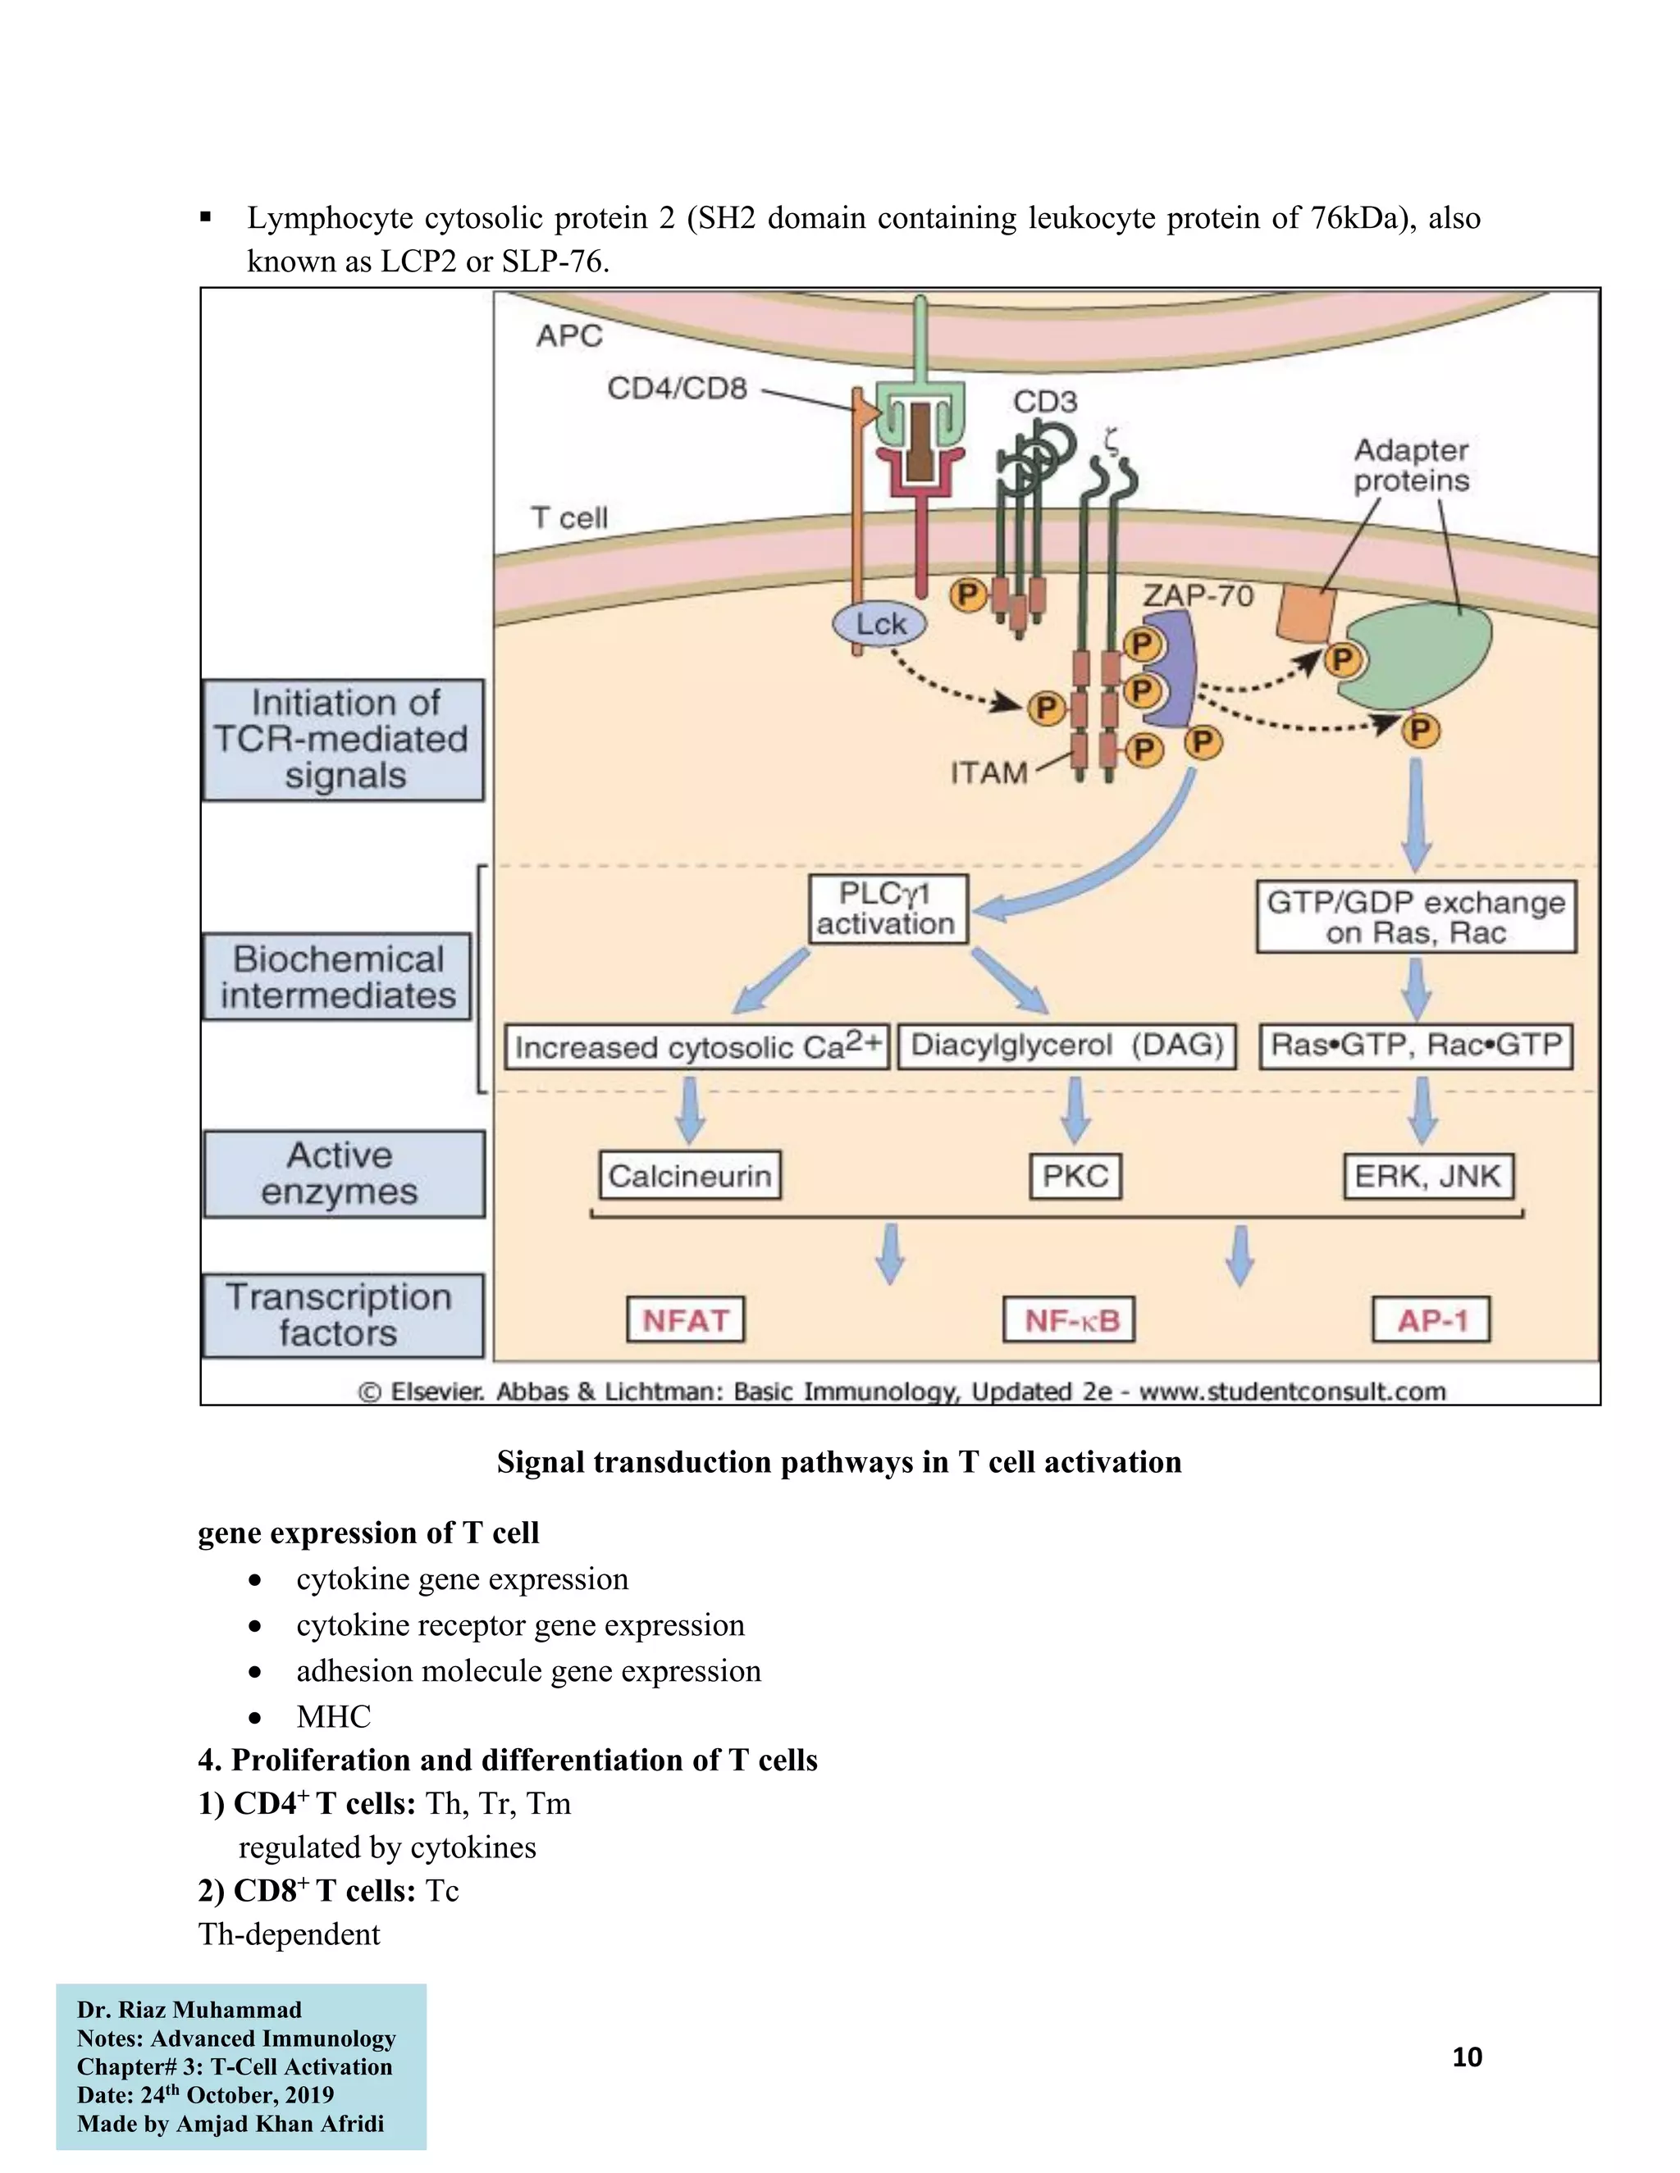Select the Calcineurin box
click(x=690, y=1176)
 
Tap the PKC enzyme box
click(x=1075, y=1176)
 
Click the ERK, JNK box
click(x=1427, y=1176)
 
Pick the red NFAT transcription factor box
click(x=686, y=1320)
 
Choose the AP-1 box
click(x=1431, y=1320)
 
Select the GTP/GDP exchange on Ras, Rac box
click(x=1415, y=917)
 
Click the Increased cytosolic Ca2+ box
click(x=696, y=1046)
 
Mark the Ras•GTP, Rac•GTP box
click(x=1415, y=1045)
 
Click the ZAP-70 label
click(x=1198, y=595)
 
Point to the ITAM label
click(x=988, y=772)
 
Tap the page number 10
click(x=1467, y=2057)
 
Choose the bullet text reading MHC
click(x=333, y=1716)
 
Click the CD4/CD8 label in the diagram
click(x=677, y=388)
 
